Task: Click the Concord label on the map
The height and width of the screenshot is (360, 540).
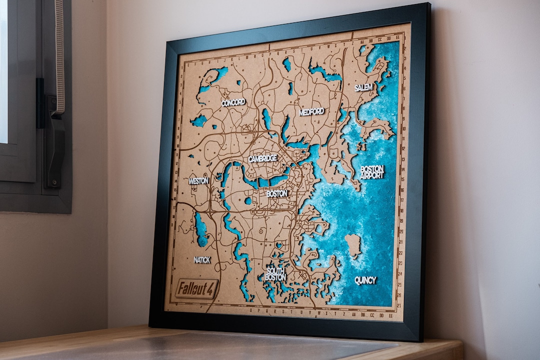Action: pyautogui.click(x=233, y=102)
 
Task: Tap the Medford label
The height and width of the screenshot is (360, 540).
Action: pyautogui.click(x=311, y=111)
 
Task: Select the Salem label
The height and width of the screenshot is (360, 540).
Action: pyautogui.click(x=363, y=87)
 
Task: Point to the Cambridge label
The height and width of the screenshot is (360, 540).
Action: pyautogui.click(x=262, y=158)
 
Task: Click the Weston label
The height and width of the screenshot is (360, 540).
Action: pyautogui.click(x=198, y=180)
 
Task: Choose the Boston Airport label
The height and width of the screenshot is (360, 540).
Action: pyautogui.click(x=372, y=172)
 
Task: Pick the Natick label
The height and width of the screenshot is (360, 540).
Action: pyautogui.click(x=202, y=260)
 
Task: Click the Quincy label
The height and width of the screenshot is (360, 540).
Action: pyautogui.click(x=365, y=280)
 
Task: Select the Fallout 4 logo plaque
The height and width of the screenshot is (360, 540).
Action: pyautogui.click(x=196, y=288)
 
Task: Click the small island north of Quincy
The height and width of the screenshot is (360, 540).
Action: pyautogui.click(x=353, y=245)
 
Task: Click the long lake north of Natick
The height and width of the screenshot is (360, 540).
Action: pyautogui.click(x=201, y=230)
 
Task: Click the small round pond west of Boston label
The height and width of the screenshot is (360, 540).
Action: pyautogui.click(x=248, y=201)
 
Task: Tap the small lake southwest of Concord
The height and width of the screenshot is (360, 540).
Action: pyautogui.click(x=199, y=120)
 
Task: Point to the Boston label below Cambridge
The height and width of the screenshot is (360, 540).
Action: pyautogui.click(x=276, y=193)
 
